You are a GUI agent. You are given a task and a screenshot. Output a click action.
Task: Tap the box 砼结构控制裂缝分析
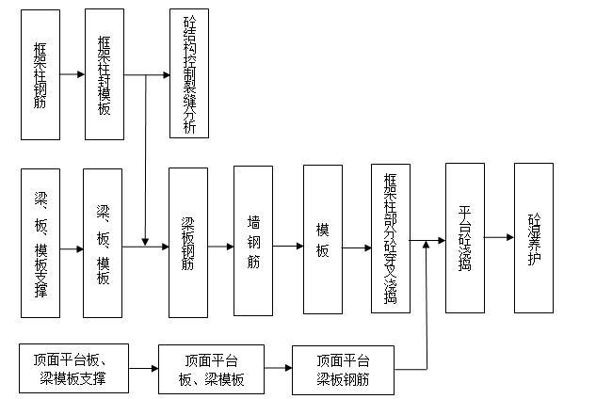point(189,73)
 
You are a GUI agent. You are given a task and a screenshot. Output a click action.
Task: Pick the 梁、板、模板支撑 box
point(40,243)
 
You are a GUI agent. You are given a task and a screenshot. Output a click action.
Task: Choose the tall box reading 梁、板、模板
point(103,243)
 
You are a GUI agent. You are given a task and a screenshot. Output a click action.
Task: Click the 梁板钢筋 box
point(187,243)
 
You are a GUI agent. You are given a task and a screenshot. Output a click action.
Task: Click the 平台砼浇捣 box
point(464,237)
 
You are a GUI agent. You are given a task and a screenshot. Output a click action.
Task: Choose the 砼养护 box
point(534,237)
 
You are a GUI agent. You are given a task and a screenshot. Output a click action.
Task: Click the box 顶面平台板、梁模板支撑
point(74,369)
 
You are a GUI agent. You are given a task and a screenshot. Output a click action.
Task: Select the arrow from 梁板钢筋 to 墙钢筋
point(220,247)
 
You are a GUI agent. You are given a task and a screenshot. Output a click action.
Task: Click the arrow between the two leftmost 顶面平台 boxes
point(144,369)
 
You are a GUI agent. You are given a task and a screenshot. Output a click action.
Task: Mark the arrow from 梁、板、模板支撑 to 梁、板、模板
point(71,248)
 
